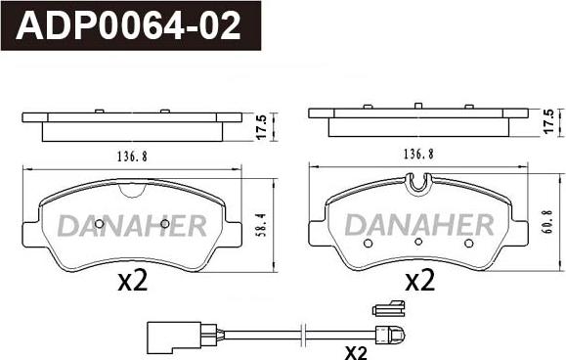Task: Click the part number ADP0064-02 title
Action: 128,25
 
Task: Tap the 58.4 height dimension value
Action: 261,225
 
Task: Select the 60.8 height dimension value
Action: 548,222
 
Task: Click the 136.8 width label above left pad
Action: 132,157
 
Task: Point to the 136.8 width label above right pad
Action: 418,155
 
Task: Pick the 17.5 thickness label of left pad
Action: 262,126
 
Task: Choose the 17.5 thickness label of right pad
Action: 548,121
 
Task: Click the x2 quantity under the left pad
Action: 133,281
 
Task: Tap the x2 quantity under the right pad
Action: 419,281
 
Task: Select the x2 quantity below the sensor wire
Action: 356,352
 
